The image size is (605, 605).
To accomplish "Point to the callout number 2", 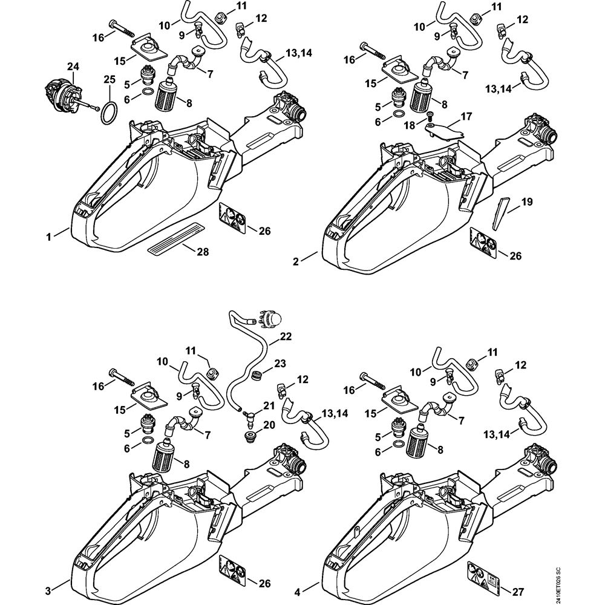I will coord(296,261).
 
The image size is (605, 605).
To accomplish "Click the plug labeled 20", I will coord(247,436).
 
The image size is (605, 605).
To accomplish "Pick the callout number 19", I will coord(526,201).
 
